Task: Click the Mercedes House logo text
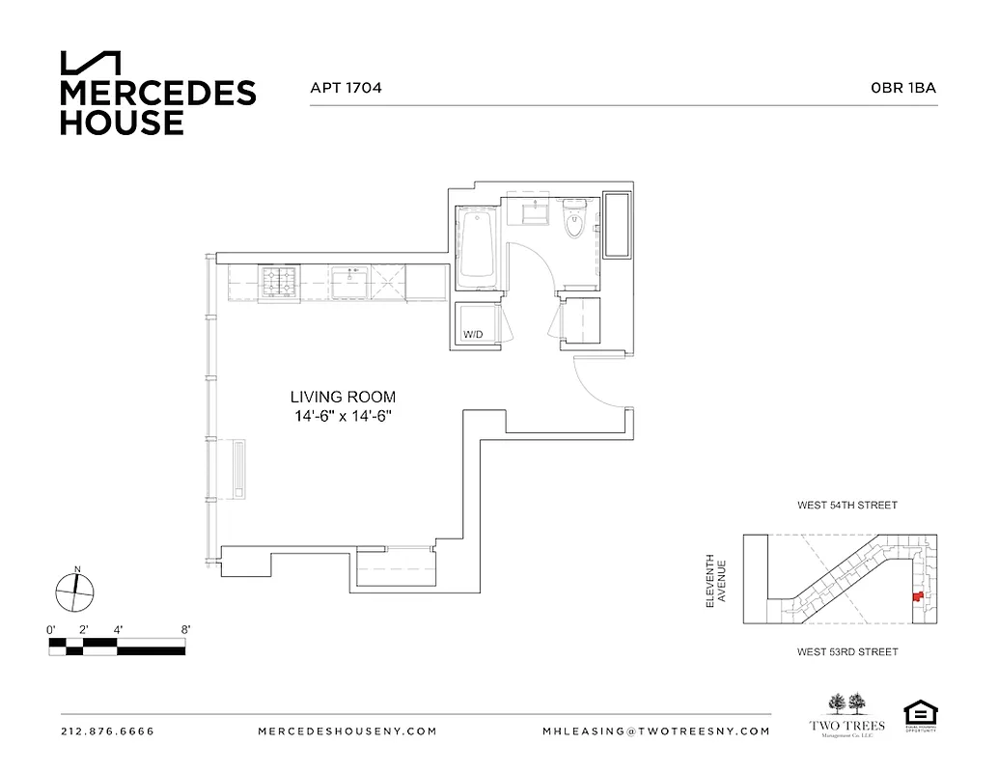point(157,107)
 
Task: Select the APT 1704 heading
point(346,88)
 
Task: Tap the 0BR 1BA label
point(902,88)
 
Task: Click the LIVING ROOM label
point(343,397)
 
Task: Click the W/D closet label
point(473,335)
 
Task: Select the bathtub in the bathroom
point(477,245)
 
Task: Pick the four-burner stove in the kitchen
point(281,283)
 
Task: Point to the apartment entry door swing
point(598,381)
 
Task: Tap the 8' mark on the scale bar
point(184,629)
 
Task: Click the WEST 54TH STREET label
point(846,505)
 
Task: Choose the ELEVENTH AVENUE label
point(714,580)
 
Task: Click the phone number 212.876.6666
point(107,731)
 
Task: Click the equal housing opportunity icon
point(920,715)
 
